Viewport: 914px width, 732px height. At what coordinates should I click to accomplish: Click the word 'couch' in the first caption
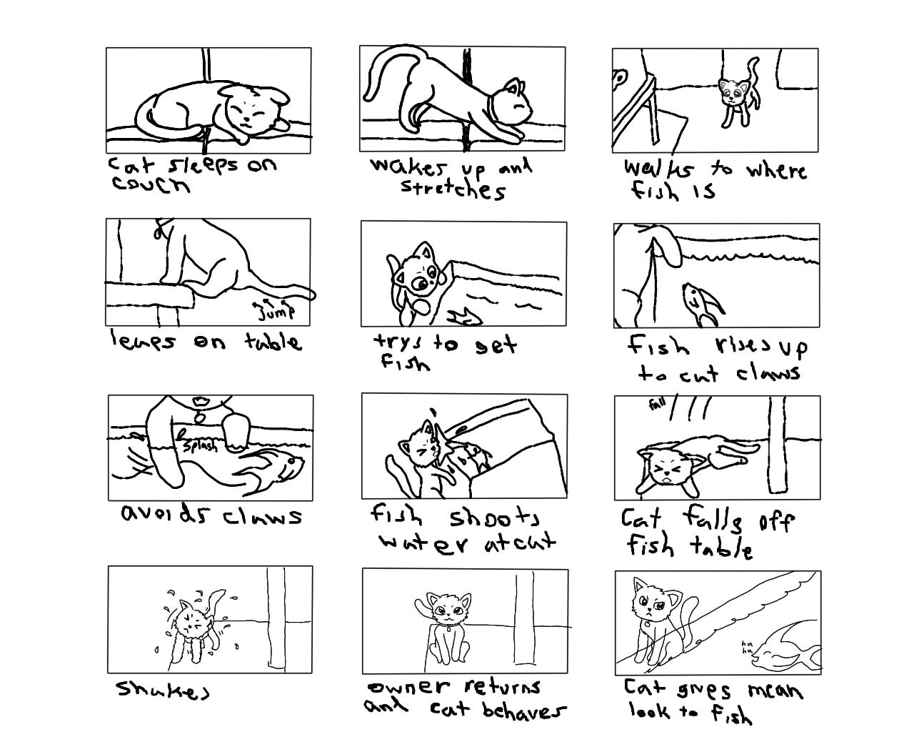151,184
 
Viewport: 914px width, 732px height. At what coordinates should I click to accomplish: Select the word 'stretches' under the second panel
453,189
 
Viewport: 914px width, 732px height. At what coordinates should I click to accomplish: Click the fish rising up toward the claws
703,302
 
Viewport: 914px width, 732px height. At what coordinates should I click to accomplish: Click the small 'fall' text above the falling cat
658,405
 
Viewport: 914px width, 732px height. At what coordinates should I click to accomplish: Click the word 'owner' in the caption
409,688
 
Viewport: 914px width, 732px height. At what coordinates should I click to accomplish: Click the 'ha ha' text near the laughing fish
744,646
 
